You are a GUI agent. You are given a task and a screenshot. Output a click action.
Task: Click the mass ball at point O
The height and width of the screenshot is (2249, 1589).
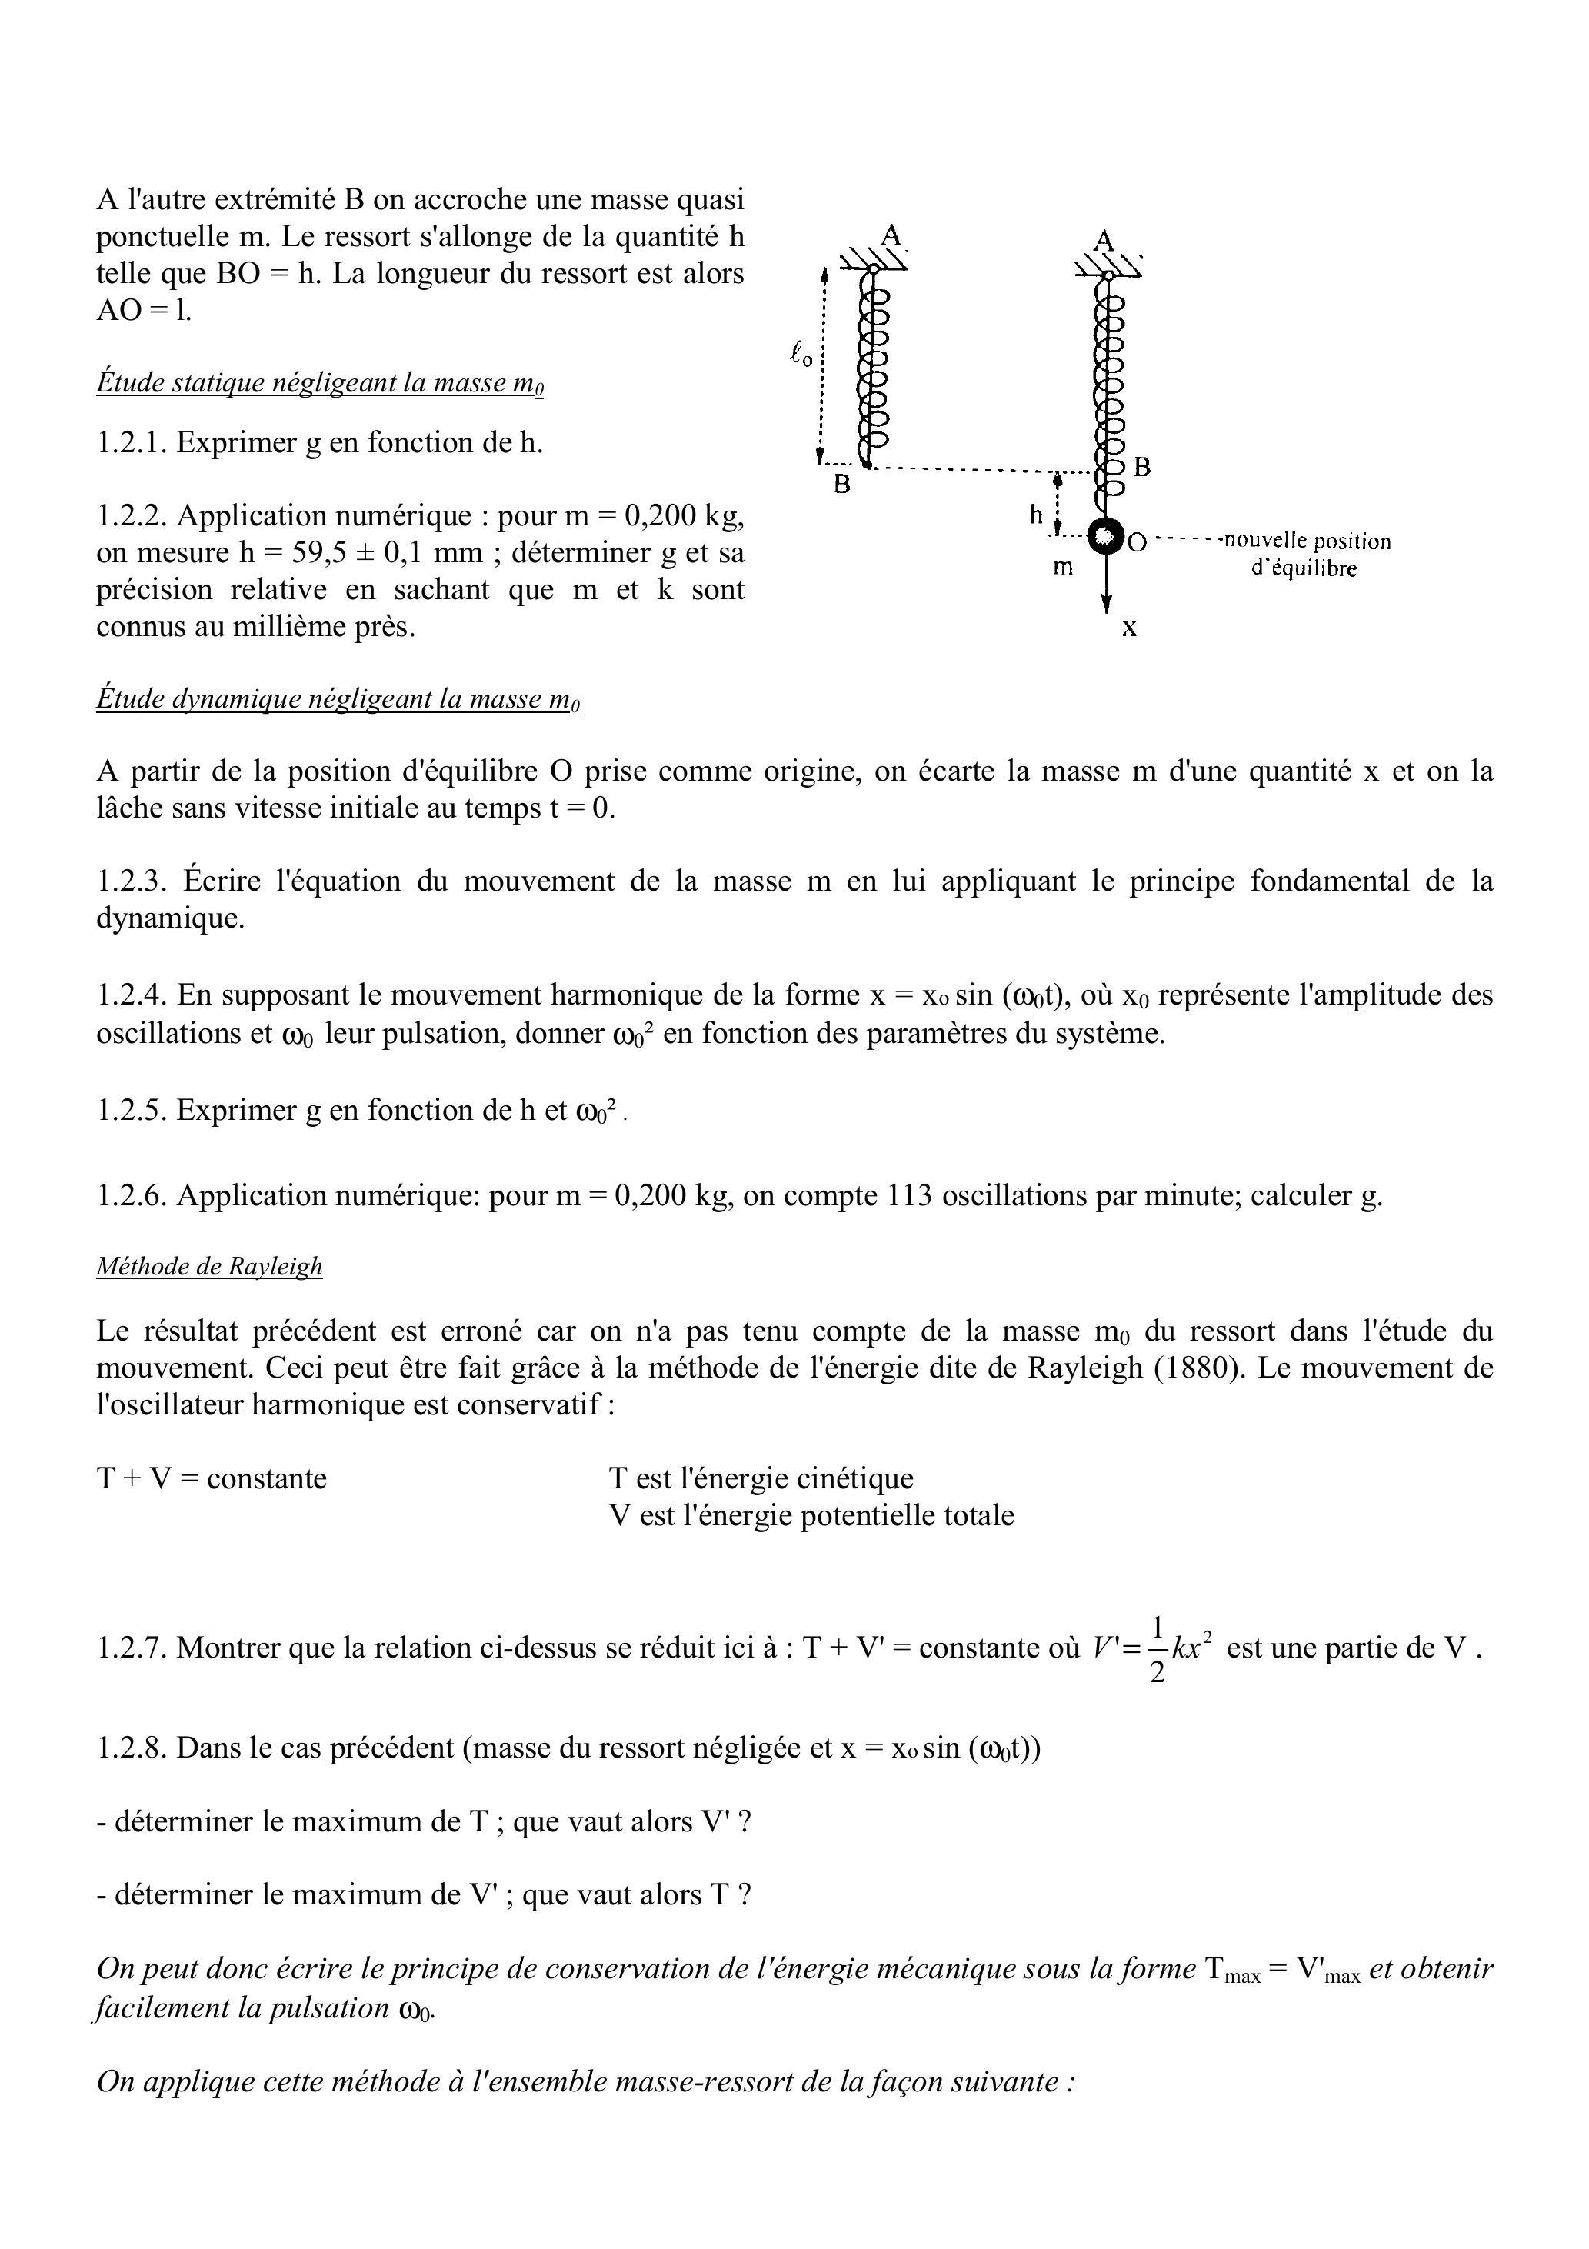tap(1105, 536)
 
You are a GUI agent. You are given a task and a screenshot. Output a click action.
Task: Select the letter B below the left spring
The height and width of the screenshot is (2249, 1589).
tap(841, 484)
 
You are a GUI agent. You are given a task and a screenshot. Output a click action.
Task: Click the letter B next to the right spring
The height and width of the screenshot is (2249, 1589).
tap(1141, 467)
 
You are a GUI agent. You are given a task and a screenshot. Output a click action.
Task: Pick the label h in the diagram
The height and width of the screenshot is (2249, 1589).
tap(1035, 515)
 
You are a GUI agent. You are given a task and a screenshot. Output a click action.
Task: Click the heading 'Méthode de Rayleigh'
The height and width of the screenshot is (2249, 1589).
tap(208, 1267)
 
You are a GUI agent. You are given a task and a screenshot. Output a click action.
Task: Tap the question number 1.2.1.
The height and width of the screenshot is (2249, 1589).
tap(132, 443)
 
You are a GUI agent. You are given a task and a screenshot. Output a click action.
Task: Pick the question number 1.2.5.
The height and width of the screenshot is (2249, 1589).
tap(132, 1110)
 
